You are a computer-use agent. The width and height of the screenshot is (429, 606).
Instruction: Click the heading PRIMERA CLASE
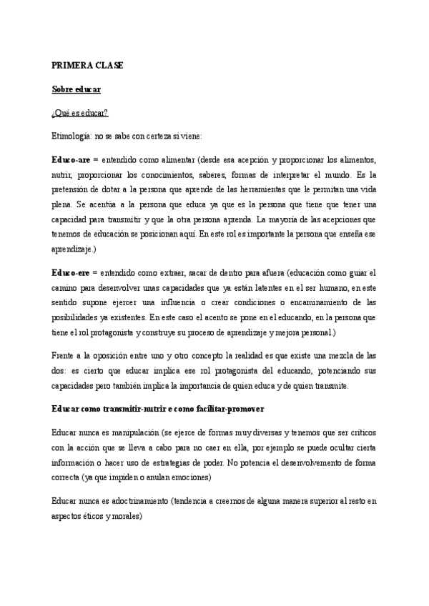(x=88, y=65)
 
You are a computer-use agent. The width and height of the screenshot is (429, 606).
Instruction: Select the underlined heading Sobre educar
(x=77, y=89)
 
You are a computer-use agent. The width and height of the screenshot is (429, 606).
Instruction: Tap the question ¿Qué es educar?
(x=80, y=112)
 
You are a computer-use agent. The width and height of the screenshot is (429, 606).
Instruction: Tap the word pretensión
(x=74, y=187)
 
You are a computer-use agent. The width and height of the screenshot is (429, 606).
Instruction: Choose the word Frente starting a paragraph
(x=65, y=355)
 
